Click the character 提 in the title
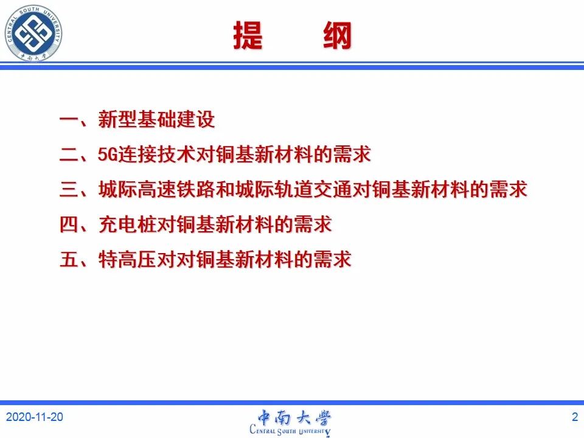(248, 35)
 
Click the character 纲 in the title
(338, 35)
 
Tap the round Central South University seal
(33, 33)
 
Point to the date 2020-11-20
(35, 417)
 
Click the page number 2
(575, 417)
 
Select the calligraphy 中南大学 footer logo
(293, 417)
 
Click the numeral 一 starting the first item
(69, 120)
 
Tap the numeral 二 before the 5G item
(69, 154)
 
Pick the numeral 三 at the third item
(69, 189)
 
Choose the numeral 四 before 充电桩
(69, 224)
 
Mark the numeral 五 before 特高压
(69, 259)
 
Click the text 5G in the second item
(108, 154)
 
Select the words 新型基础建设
(156, 120)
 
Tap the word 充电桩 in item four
(127, 224)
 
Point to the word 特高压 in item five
(127, 259)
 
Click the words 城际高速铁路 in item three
(156, 189)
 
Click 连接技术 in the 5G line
(156, 154)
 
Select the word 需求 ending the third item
(508, 189)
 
